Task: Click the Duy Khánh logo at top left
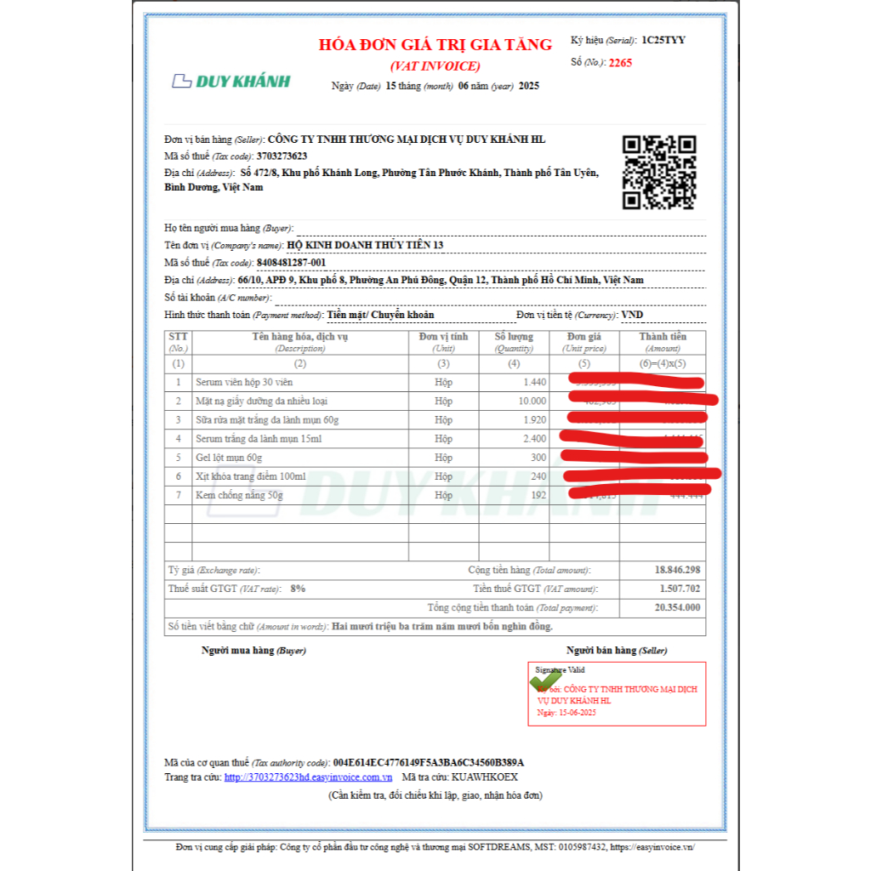[231, 81]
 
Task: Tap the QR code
[659, 173]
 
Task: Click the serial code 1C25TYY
[663, 40]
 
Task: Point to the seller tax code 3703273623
[282, 156]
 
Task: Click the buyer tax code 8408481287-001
[292, 263]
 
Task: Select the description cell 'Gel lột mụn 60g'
[228, 457]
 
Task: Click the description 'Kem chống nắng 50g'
[239, 494]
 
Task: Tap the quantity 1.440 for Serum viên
[535, 382]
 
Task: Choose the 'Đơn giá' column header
[584, 337]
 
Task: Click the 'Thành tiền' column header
[663, 337]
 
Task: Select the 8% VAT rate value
[298, 589]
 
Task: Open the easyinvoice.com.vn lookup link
[308, 777]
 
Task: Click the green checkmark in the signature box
[547, 680]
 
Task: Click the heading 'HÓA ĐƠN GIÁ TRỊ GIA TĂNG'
[435, 45]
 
